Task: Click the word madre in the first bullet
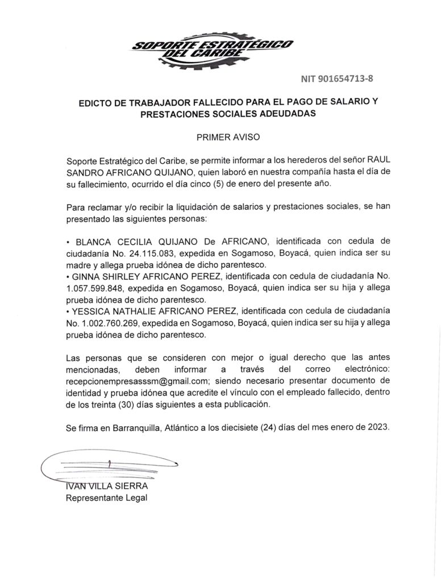(x=78, y=265)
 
